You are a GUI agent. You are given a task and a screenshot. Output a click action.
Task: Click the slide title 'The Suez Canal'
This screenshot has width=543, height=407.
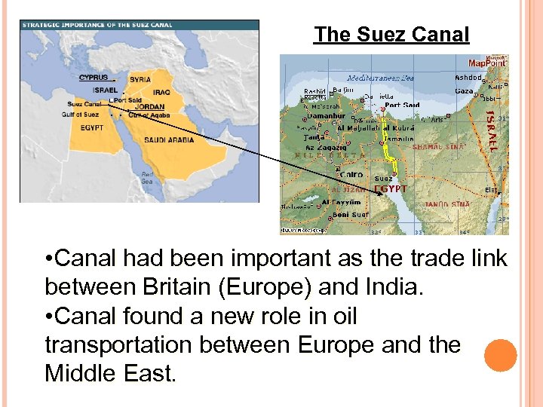pyautogui.click(x=391, y=35)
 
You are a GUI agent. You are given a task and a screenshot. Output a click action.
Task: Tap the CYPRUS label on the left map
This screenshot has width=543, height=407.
pyautogui.click(x=94, y=77)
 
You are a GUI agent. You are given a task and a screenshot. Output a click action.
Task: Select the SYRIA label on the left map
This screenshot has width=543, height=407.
pyautogui.click(x=140, y=79)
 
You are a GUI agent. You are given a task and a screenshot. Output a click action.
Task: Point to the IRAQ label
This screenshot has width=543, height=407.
pyautogui.click(x=161, y=92)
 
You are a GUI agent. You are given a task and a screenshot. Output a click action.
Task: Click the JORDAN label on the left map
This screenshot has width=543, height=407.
pyautogui.click(x=149, y=107)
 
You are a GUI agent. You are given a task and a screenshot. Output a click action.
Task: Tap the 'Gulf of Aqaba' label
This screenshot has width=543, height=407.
pyautogui.click(x=149, y=115)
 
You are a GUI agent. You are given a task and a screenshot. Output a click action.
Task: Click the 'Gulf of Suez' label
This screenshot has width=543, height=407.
pyautogui.click(x=81, y=115)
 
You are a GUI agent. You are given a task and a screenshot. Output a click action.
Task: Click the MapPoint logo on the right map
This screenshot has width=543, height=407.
pyautogui.click(x=487, y=63)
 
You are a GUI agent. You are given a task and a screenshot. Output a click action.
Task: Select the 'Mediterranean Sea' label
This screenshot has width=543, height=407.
pyautogui.click(x=380, y=78)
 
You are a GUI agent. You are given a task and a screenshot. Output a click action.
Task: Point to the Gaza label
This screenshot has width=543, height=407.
pyautogui.click(x=464, y=91)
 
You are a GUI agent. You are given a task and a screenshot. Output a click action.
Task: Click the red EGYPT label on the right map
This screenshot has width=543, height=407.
pyautogui.click(x=391, y=189)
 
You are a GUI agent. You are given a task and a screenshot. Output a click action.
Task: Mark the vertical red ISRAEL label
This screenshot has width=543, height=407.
pyautogui.click(x=491, y=131)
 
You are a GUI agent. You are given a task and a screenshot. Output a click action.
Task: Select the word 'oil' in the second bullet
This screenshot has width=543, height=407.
pyautogui.click(x=344, y=316)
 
